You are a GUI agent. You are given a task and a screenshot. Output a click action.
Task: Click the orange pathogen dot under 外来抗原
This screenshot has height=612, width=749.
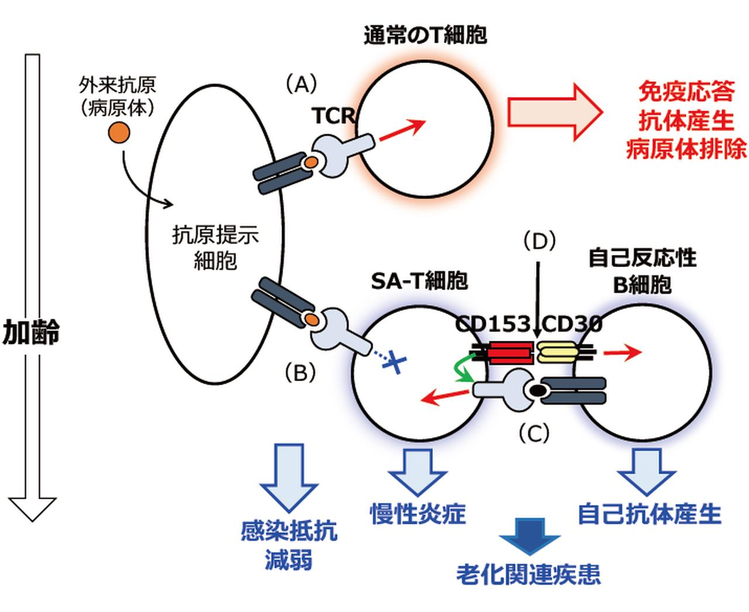point(119,134)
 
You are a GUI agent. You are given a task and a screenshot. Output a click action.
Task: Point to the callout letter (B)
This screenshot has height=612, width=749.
point(300,372)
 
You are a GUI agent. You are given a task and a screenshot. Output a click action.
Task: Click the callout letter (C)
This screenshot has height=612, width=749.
point(533,433)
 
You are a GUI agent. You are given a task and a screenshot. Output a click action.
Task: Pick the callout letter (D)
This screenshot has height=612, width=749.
point(538,240)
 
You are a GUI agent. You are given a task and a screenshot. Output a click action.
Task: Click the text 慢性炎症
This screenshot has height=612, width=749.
point(418,514)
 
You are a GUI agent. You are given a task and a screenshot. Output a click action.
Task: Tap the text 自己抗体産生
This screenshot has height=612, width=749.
point(649,514)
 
